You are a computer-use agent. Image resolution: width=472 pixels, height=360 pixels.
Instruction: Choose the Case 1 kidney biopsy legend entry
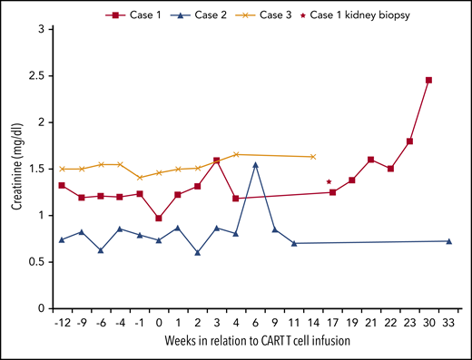pyautogui.click(x=359, y=14)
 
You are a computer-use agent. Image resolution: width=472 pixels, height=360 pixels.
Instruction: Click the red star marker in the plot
pyautogui.click(x=328, y=182)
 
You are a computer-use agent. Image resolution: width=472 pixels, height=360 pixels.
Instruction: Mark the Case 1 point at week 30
pyautogui.click(x=428, y=80)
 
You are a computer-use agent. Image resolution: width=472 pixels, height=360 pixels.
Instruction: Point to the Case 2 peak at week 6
pyautogui.click(x=256, y=164)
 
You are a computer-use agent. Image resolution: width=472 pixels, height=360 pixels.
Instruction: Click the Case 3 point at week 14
pyautogui.click(x=313, y=157)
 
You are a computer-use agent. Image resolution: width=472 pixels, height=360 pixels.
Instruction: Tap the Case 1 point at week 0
pyautogui.click(x=159, y=219)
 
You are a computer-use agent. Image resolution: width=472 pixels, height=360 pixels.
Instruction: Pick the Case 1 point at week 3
pyautogui.click(x=217, y=161)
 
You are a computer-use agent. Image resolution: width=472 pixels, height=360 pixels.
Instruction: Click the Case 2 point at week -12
pyautogui.click(x=62, y=239)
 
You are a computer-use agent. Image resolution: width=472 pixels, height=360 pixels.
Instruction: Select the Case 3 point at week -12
pyautogui.click(x=62, y=169)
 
